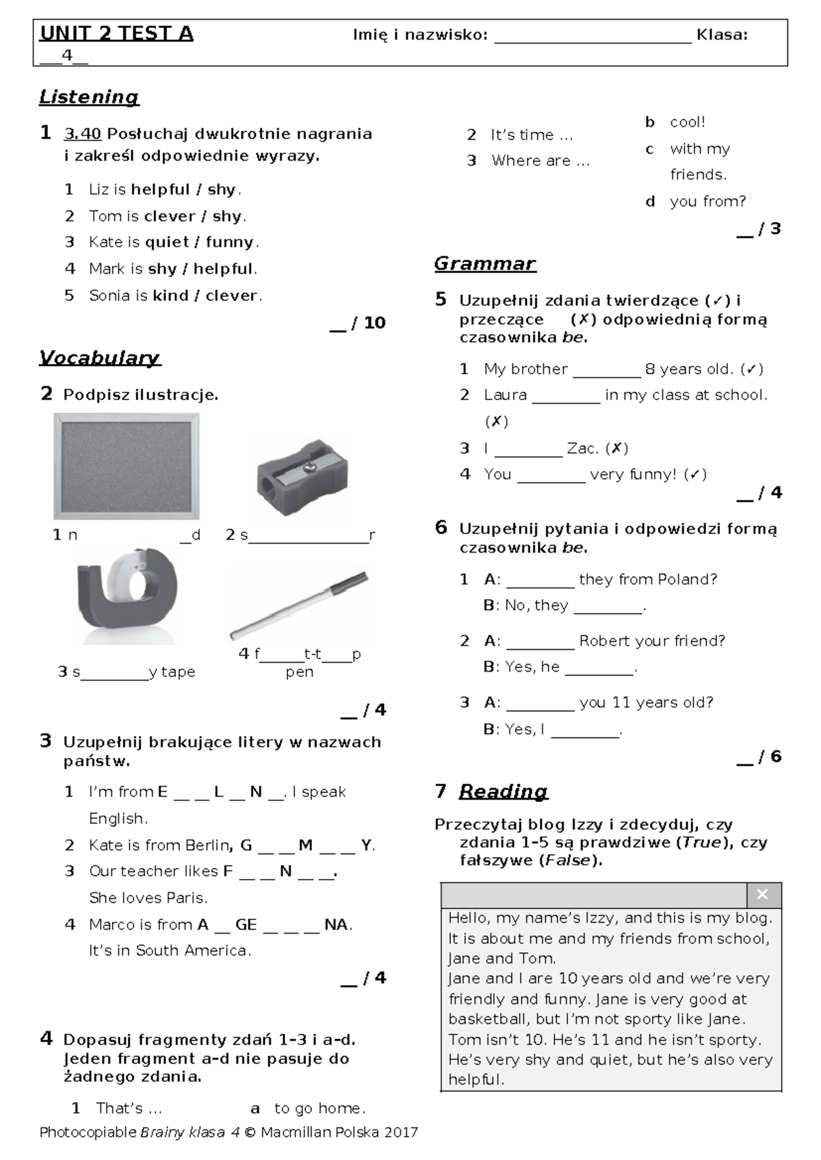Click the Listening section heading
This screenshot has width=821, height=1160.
(x=89, y=97)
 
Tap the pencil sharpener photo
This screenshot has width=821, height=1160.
(x=302, y=479)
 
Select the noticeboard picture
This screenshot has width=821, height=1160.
(x=127, y=466)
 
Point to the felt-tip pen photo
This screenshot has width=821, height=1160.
(x=299, y=606)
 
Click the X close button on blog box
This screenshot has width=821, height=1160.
(x=763, y=895)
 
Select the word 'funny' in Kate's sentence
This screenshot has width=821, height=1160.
(x=229, y=242)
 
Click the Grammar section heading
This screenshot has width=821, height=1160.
(x=484, y=264)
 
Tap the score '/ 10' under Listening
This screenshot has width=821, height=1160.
(x=368, y=323)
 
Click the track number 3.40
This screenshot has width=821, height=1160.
(x=82, y=134)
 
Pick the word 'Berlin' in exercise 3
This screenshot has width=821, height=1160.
(x=206, y=845)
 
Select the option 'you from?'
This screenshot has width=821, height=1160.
(x=707, y=202)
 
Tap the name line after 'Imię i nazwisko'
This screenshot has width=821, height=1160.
(x=592, y=36)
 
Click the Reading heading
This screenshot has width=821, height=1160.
(x=503, y=791)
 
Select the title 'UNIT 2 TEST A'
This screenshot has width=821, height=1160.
(x=116, y=34)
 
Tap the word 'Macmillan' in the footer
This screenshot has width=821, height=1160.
(x=294, y=1132)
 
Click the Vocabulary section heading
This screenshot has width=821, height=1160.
(x=100, y=358)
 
